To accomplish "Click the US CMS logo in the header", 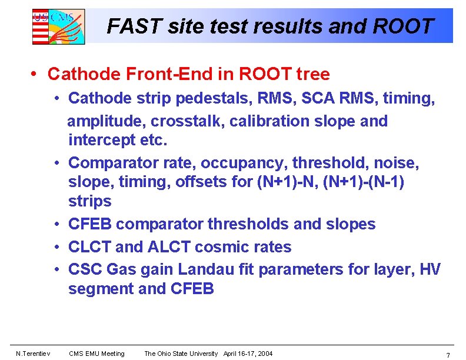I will (58, 26).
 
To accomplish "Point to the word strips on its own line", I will (89, 201).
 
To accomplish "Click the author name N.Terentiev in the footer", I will (34, 354).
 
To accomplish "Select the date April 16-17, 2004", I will (248, 354).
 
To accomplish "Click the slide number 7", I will (448, 355).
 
